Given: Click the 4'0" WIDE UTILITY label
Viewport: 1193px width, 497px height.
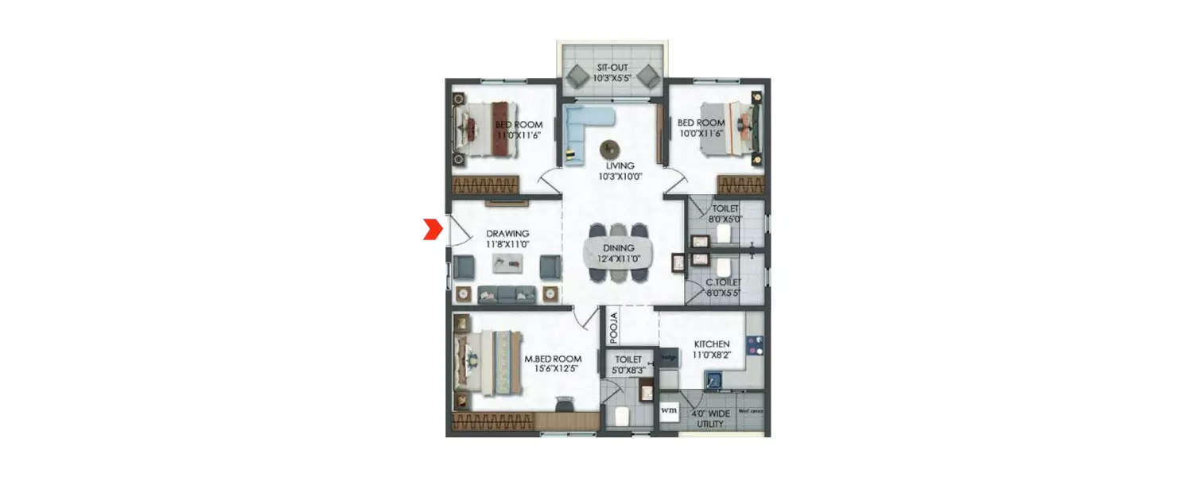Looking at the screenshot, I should (709, 419).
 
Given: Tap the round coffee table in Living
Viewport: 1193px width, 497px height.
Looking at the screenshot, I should (611, 149).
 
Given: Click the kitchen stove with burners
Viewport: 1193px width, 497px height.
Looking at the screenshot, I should (755, 344).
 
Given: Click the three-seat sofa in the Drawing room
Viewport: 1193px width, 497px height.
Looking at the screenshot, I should (506, 294).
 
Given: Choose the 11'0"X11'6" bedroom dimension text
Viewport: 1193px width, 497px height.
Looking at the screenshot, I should (519, 135).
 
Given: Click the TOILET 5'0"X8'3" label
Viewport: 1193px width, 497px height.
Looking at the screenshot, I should (628, 365).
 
